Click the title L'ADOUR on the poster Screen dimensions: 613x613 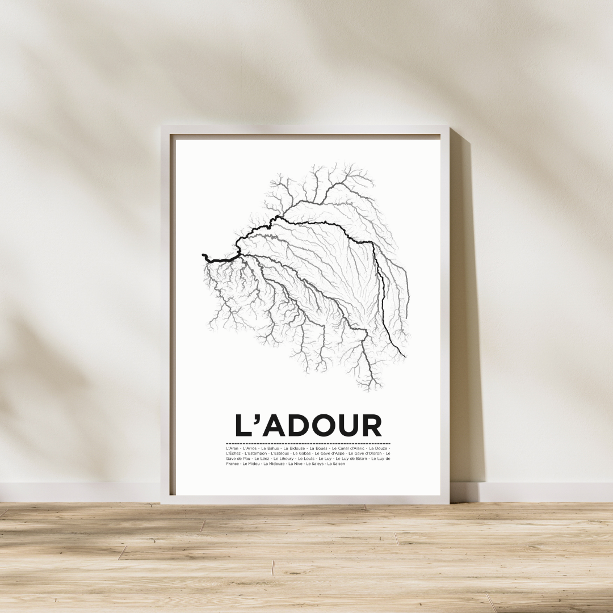coord(308,426)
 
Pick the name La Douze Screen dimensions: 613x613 coord(378,448)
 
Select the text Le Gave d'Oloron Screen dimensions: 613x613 coord(365,454)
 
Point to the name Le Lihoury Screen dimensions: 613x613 coord(283,459)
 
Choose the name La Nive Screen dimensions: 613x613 coord(295,464)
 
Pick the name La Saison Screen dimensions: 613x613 coord(336,464)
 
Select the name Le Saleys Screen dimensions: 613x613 coord(314,464)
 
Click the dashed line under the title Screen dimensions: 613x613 coord(308,443)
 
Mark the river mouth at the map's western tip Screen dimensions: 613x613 coord(203,256)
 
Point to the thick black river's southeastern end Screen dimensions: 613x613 coord(405,356)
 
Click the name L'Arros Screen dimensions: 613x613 coord(250,448)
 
